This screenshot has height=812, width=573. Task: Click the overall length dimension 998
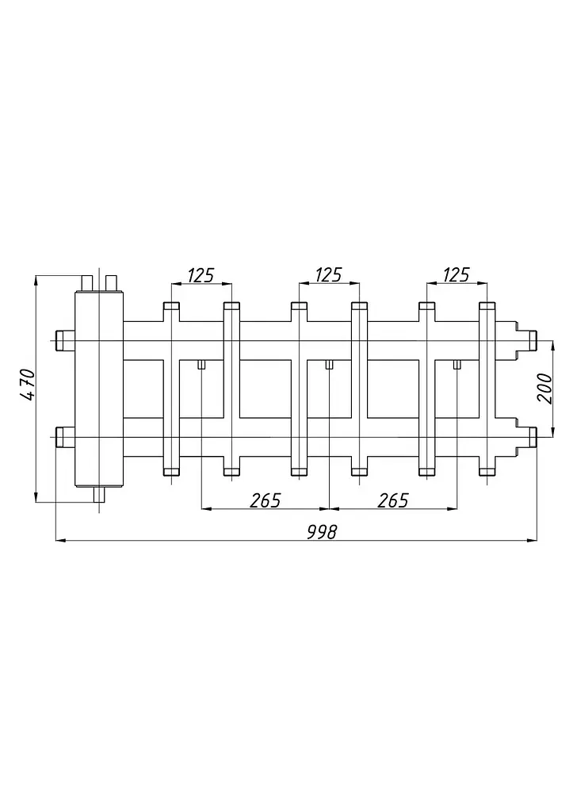coord(322,532)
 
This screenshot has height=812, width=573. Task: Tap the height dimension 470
coord(27,385)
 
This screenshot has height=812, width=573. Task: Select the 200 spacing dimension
coord(545,389)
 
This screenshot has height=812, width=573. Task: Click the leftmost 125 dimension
coord(201,275)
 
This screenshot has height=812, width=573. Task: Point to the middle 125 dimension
coord(329,275)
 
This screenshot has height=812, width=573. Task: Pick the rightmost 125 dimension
coord(456,275)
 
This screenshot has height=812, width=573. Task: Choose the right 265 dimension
coord(393,501)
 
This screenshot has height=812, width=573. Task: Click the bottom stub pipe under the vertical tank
coord(98,495)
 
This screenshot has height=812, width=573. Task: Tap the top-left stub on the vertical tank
coord(86,283)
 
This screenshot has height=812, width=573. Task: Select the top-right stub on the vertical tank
coord(111,283)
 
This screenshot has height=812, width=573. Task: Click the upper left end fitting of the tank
coord(65,340)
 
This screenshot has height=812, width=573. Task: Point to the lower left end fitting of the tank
coord(65,437)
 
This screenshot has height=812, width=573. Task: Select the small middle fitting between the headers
coord(329,365)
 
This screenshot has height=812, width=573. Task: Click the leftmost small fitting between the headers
coord(201,365)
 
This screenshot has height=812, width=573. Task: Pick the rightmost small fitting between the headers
coord(456,365)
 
